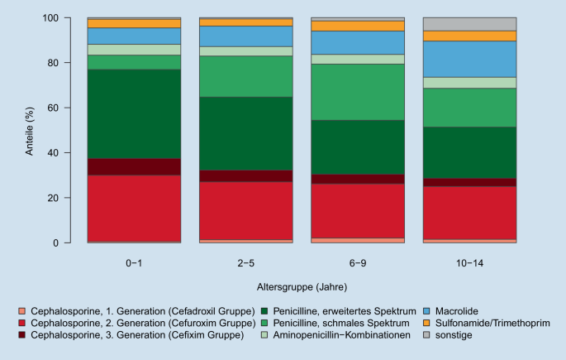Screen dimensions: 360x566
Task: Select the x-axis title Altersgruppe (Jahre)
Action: click(x=302, y=289)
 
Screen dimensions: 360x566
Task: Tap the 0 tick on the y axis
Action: click(x=74, y=243)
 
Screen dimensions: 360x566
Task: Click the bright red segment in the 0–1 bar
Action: click(x=134, y=208)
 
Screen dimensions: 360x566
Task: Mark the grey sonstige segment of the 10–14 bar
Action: click(x=469, y=24)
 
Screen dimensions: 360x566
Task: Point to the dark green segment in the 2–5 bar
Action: click(x=246, y=133)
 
